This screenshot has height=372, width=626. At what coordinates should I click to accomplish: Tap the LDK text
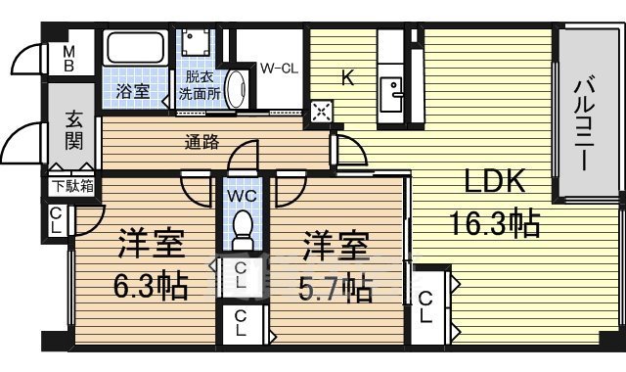(x=495, y=182)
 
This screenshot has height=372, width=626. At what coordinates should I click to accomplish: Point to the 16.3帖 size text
(x=495, y=223)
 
